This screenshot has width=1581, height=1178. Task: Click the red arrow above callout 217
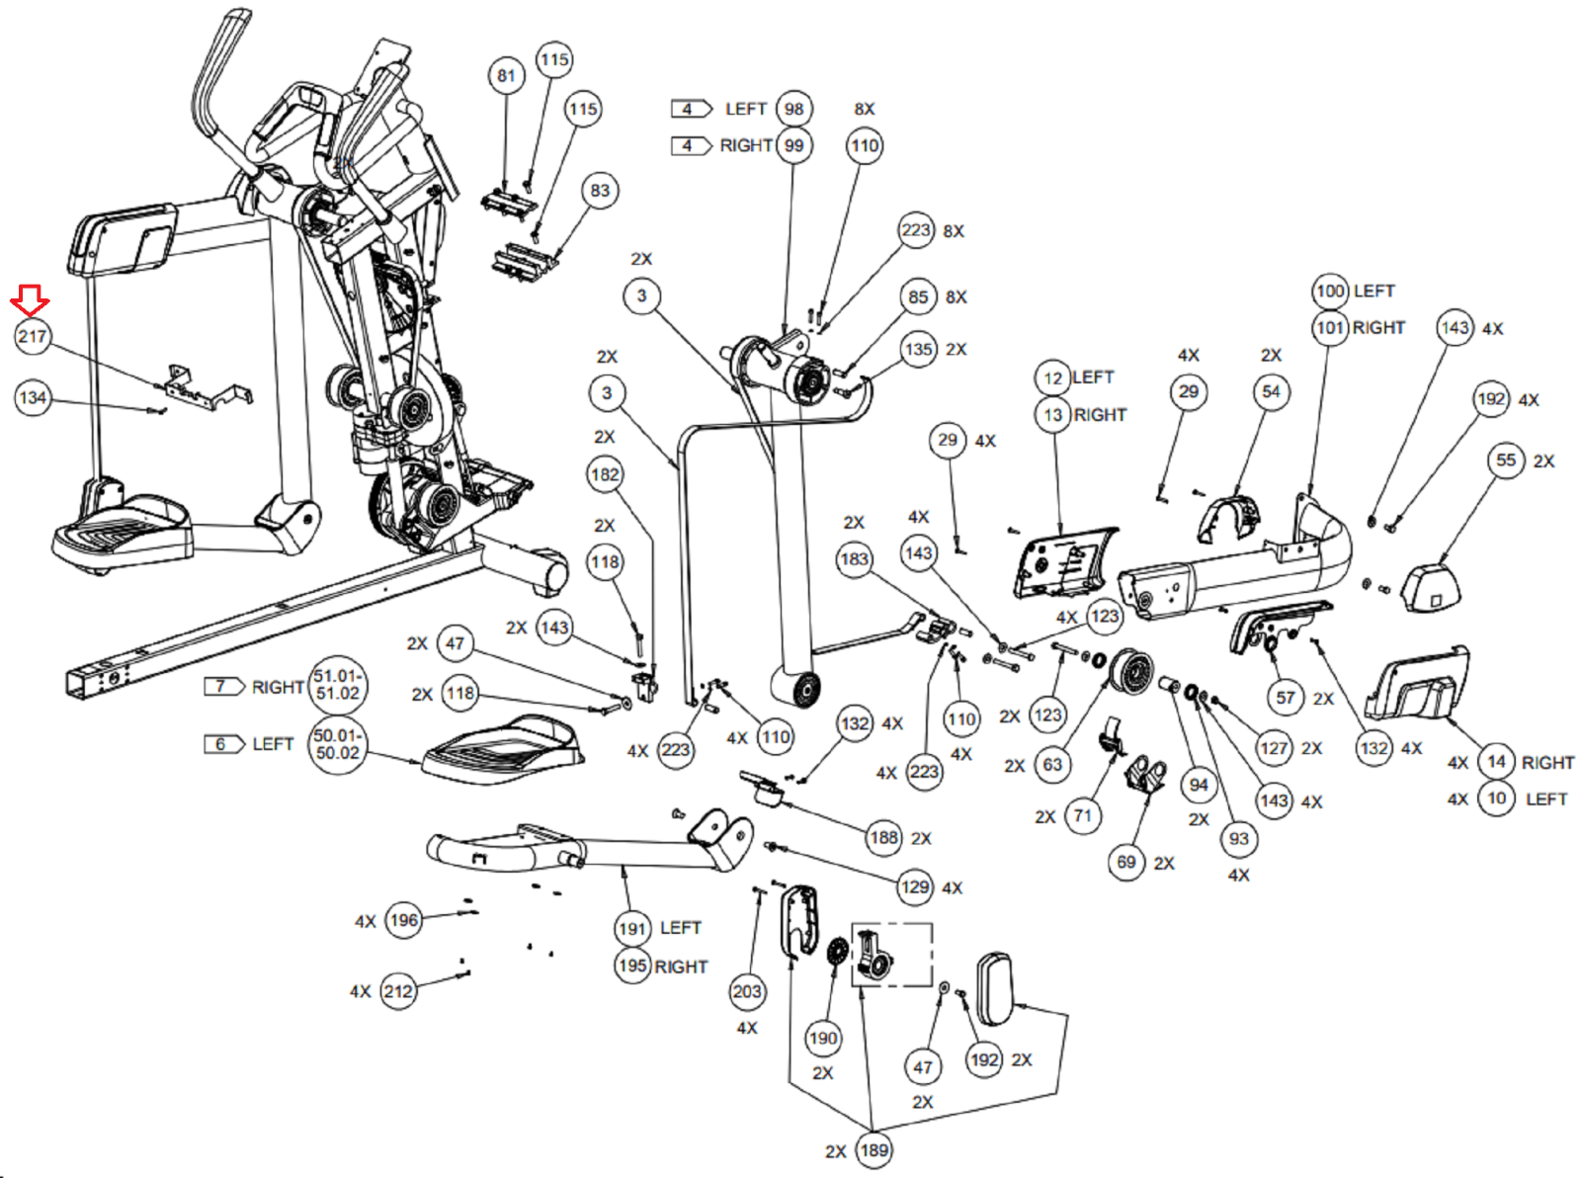pos(30,299)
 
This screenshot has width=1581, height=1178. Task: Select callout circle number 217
pos(32,337)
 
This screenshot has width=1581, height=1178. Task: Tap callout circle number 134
pos(33,398)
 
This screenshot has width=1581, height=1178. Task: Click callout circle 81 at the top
pos(506,76)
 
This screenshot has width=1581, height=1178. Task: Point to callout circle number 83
pos(600,191)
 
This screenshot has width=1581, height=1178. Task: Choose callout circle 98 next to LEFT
pos(794,109)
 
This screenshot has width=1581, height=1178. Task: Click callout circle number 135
pos(919,349)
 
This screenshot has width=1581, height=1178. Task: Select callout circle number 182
pos(605,474)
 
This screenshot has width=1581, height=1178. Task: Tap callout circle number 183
pos(854,559)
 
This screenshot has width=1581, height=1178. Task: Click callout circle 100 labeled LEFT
pos(1331,291)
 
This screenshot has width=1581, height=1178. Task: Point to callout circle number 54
pos(1271,392)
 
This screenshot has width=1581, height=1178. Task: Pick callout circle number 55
pos(1506,461)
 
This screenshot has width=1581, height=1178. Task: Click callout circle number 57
pos(1286,698)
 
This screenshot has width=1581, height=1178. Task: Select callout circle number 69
pos(1126,863)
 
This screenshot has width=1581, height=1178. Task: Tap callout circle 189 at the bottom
pos(874,1150)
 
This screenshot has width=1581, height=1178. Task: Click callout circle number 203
pos(747,991)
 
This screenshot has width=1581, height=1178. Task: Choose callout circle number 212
pos(398,991)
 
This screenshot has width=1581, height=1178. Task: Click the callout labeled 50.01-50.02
pos(338,744)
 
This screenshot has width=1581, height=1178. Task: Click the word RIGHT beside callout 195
pos(682,967)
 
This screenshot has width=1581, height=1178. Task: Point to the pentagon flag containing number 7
pos(223,686)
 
